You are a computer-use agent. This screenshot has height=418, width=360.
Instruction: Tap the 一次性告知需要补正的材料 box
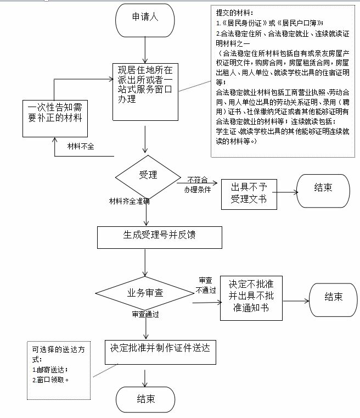tap(54, 118)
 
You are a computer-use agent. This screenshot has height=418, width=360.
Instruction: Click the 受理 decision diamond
tap(147, 176)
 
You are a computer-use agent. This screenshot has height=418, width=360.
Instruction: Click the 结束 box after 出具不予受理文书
tap(323, 188)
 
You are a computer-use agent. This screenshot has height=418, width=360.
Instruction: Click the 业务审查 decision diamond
tap(146, 292)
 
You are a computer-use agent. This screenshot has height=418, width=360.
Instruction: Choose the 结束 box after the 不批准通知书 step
tap(333, 297)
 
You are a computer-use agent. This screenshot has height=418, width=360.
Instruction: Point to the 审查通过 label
tap(145, 315)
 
